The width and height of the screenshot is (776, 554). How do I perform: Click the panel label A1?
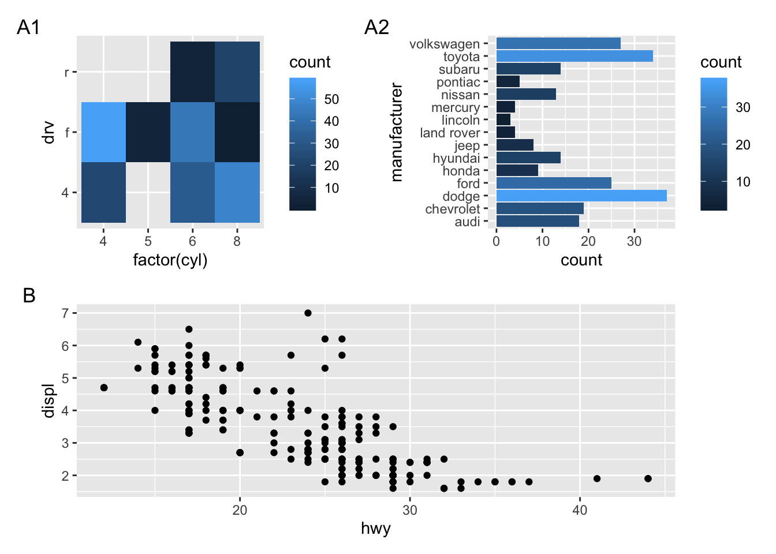pyautogui.click(x=28, y=27)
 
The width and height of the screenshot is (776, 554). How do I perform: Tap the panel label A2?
pyautogui.click(x=376, y=27)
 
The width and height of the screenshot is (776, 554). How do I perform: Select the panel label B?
pyautogui.click(x=29, y=295)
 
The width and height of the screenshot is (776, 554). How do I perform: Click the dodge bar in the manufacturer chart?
pyautogui.click(x=581, y=196)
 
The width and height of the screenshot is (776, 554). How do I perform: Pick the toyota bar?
pyautogui.click(x=574, y=56)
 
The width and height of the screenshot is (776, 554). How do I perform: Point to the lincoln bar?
pyautogui.click(x=503, y=120)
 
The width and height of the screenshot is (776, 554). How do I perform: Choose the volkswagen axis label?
pyautogui.click(x=444, y=44)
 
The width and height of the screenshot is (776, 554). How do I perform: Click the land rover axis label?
pyautogui.click(x=450, y=133)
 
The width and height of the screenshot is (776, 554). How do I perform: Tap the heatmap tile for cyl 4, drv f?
pyautogui.click(x=103, y=132)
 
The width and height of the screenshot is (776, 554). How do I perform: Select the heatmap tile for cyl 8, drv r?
pyautogui.click(x=237, y=72)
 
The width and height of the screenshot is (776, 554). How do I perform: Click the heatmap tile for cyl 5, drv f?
pyautogui.click(x=148, y=132)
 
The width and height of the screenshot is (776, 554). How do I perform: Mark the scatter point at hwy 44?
pyautogui.click(x=648, y=478)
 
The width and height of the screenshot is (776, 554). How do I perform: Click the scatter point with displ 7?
pyautogui.click(x=308, y=313)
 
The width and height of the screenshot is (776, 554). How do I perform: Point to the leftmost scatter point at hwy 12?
pyautogui.click(x=104, y=387)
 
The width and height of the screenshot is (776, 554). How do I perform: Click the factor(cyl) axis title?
pyautogui.click(x=170, y=260)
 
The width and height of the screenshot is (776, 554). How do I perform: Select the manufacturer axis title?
pyautogui.click(x=397, y=132)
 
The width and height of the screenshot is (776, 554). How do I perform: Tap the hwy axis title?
pyautogui.click(x=376, y=528)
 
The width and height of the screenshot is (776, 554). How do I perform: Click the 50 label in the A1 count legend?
pyautogui.click(x=331, y=99)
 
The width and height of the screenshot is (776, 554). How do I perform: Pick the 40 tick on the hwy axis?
pyautogui.click(x=580, y=510)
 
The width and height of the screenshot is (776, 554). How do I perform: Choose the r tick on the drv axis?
pyautogui.click(x=66, y=72)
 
